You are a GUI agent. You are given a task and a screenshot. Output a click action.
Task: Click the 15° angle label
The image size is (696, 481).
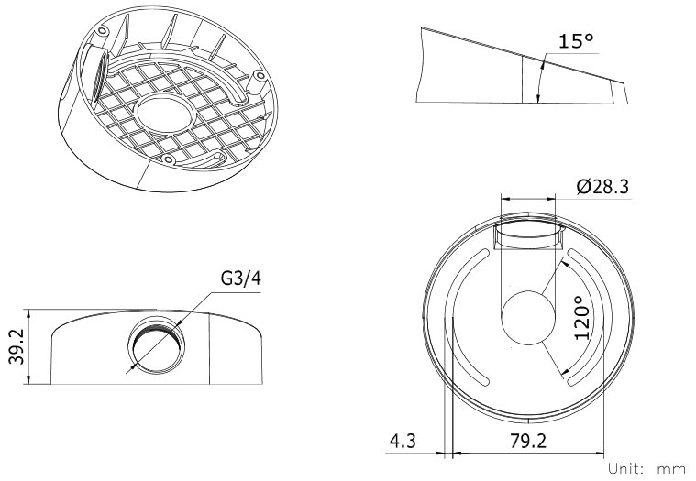[576, 41]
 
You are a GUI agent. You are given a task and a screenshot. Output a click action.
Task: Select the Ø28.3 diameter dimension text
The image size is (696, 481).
[602, 187]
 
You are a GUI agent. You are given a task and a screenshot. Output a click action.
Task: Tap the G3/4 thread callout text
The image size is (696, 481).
[240, 279]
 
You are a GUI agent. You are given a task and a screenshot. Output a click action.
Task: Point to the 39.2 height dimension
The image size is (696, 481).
[17, 346]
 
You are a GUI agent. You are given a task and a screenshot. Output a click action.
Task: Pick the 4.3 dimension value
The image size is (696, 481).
[403, 441]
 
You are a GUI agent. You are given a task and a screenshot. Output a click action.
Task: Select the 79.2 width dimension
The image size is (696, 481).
[528, 441]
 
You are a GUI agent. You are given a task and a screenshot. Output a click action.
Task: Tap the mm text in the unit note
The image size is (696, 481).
[671, 469]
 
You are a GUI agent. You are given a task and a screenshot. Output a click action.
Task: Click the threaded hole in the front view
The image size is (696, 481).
[156, 345]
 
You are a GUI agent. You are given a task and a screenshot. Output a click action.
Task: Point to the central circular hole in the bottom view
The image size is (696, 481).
[528, 317]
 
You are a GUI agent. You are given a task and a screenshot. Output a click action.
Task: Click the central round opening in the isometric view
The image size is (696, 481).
[166, 113]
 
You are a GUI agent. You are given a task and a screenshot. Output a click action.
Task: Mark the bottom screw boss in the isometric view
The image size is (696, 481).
[167, 159]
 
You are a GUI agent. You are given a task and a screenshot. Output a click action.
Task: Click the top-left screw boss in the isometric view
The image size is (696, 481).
[102, 31]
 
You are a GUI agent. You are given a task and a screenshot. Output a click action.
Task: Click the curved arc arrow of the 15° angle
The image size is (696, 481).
[541, 79]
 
